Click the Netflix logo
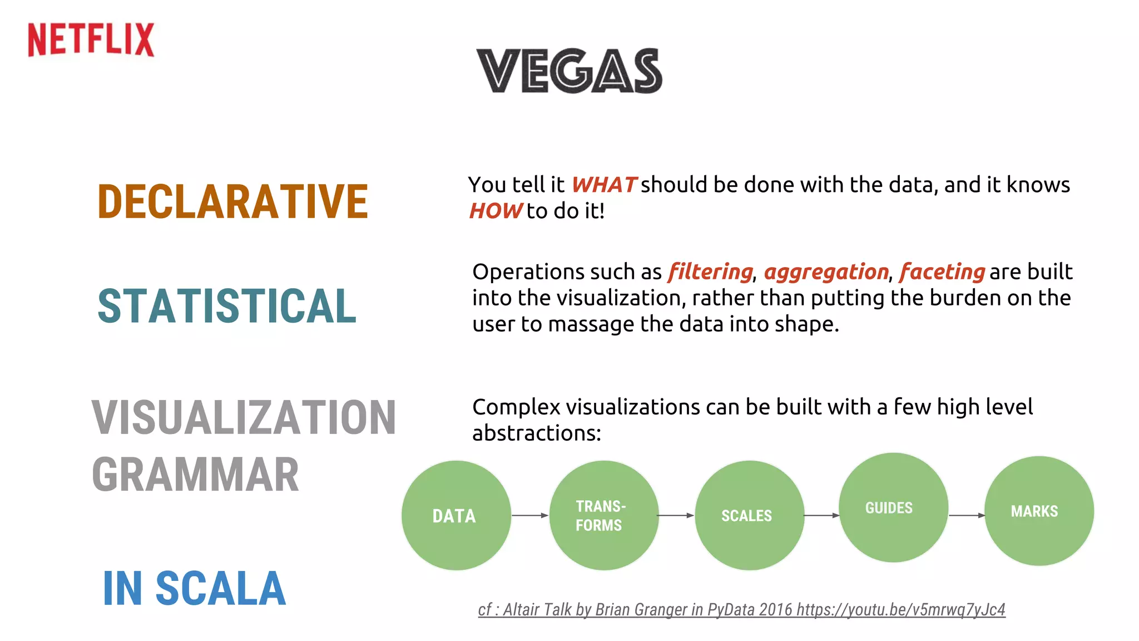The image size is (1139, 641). pyautogui.click(x=91, y=40)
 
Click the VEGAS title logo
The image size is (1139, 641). pyautogui.click(x=569, y=71)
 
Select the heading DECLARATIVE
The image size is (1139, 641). pyautogui.click(x=232, y=201)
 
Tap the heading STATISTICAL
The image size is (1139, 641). pyautogui.click(x=227, y=306)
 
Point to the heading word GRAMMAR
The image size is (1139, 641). pyautogui.click(x=195, y=475)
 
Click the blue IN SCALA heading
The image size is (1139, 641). pyautogui.click(x=194, y=589)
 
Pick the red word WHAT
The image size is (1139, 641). pyautogui.click(x=603, y=185)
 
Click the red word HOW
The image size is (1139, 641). pyautogui.click(x=495, y=211)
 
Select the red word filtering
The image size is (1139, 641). pyautogui.click(x=710, y=272)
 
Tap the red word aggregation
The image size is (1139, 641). pyautogui.click(x=826, y=272)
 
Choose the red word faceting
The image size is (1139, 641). pyautogui.click(x=942, y=272)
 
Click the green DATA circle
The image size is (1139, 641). pyautogui.click(x=456, y=515)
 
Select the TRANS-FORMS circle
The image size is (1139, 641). pyautogui.click(x=603, y=515)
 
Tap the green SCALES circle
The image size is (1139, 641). pyautogui.click(x=749, y=515)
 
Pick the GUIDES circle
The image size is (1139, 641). pyautogui.click(x=893, y=507)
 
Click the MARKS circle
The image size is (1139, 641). pyautogui.click(x=1038, y=511)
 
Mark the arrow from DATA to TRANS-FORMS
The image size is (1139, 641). pyautogui.click(x=530, y=515)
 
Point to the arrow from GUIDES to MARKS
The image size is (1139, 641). pyautogui.click(x=967, y=515)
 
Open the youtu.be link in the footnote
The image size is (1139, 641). pyautogui.click(x=900, y=610)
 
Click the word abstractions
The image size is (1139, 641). pyautogui.click(x=536, y=433)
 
